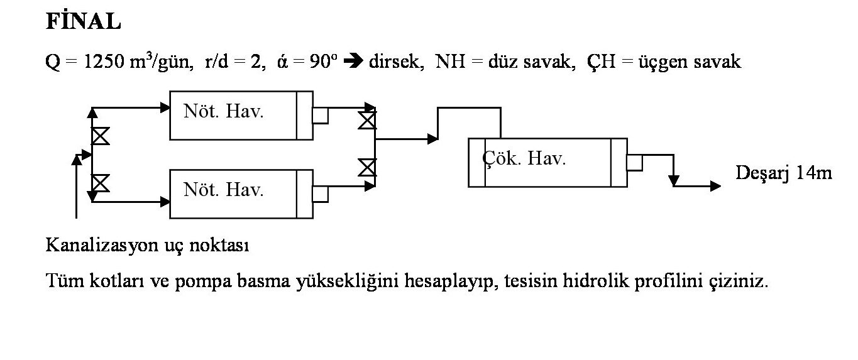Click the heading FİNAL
[83, 23]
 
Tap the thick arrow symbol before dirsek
[356, 63]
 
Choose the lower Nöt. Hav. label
[223, 189]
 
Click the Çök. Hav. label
[525, 159]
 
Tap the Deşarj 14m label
[784, 173]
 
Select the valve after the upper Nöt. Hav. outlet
[367, 120]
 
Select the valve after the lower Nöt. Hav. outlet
[367, 168]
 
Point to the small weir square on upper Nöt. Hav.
[321, 115]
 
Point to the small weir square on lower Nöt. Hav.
[321, 194]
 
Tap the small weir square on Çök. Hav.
[634, 163]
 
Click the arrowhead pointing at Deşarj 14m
[715, 186]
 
